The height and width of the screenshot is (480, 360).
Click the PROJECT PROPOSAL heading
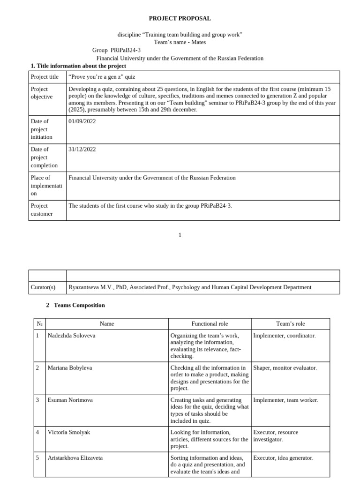[x=180, y=18]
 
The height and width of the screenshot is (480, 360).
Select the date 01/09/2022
[x=82, y=121]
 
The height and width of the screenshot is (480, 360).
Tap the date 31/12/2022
[x=82, y=149]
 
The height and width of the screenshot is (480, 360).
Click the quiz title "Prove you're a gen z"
[x=101, y=77]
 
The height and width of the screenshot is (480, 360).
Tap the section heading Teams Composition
[x=79, y=305]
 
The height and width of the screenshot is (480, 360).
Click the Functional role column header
[x=210, y=323]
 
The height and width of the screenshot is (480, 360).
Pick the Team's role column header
[x=290, y=323]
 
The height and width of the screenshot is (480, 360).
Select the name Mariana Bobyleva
[x=70, y=367]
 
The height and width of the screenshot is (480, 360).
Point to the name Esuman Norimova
[x=70, y=400]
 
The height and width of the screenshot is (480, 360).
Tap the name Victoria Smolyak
[x=68, y=432]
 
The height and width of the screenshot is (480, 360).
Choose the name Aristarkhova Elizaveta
[x=75, y=457]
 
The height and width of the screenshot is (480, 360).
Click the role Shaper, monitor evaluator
[x=285, y=367]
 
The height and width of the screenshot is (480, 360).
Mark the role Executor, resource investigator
[x=276, y=436]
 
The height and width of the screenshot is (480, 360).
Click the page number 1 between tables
[x=180, y=235]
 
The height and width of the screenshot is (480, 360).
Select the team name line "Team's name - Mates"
[x=180, y=42]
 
